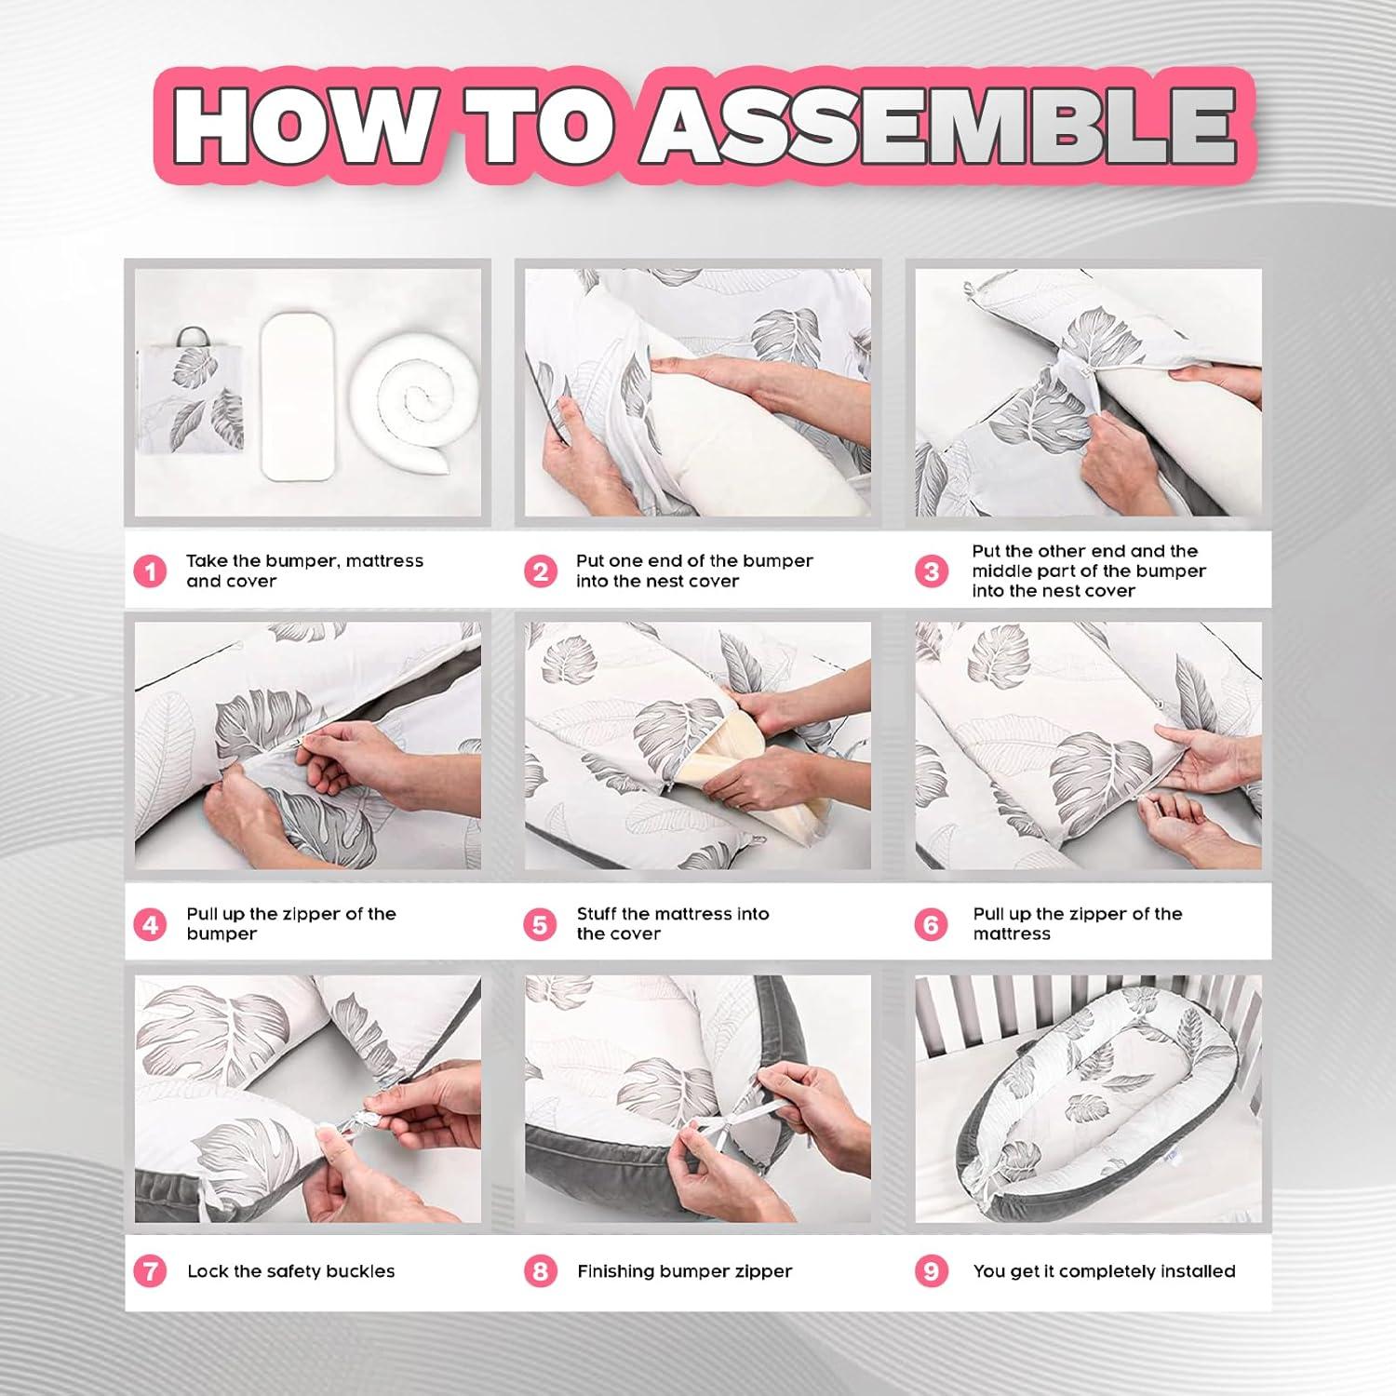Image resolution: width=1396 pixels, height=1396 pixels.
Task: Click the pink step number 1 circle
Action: tap(150, 570)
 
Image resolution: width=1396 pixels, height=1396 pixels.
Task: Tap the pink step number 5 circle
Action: tap(540, 924)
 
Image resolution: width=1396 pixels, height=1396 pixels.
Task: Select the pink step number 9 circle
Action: tap(932, 1271)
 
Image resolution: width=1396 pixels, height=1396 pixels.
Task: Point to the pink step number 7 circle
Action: tap(150, 1271)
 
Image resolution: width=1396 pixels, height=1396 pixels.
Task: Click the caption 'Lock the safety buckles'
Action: tap(291, 1271)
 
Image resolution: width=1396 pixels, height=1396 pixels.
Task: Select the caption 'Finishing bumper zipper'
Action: tap(684, 1271)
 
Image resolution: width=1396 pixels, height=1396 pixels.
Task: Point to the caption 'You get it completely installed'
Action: tap(1105, 1271)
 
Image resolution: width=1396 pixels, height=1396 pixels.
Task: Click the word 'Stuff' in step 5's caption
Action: tap(597, 914)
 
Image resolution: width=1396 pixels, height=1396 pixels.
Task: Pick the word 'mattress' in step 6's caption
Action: tap(1012, 933)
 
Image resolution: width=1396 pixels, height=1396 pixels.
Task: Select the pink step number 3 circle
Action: tap(932, 570)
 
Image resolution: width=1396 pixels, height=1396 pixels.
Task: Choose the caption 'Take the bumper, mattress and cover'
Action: tap(304, 570)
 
